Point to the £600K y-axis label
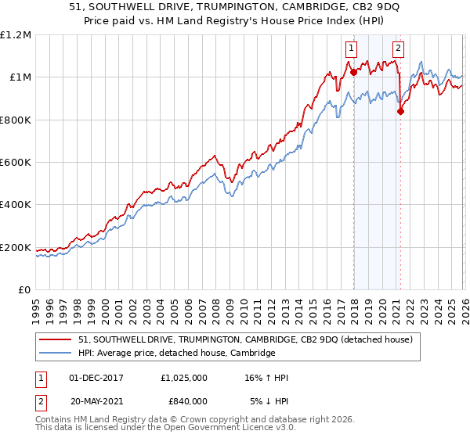click(x=16, y=163)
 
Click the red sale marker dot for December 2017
click(x=353, y=72)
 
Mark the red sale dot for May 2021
click(x=400, y=111)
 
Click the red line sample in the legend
click(x=56, y=339)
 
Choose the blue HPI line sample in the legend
click(x=56, y=353)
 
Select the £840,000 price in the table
click(x=183, y=400)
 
